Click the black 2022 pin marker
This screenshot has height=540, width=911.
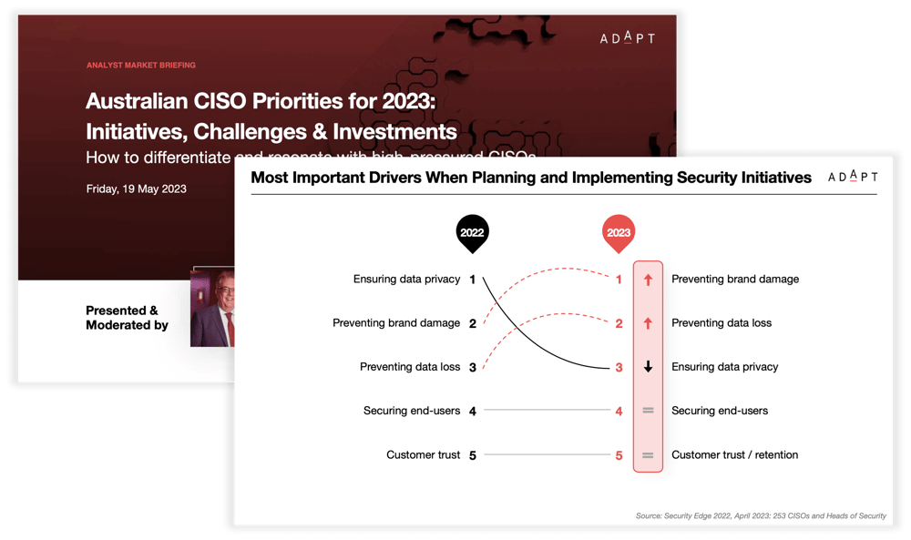tap(472, 233)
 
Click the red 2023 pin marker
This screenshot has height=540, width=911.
tap(619, 233)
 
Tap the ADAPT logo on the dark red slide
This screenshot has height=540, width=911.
tap(627, 38)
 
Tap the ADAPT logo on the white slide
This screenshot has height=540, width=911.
tap(853, 178)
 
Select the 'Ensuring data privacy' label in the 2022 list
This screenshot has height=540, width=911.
tap(406, 279)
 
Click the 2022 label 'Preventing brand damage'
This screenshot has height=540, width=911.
tap(396, 322)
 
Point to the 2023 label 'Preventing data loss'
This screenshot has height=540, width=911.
tap(722, 322)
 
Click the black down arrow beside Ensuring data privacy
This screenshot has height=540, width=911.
tap(648, 367)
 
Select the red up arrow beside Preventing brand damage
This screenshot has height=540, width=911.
tap(648, 280)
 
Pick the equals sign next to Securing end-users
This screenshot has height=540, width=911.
tap(648, 411)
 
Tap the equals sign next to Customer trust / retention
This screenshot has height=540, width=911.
tap(648, 454)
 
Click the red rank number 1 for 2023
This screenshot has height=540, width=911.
tap(619, 280)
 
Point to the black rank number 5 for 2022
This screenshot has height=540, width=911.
tap(472, 454)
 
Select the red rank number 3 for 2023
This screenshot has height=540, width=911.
tap(619, 367)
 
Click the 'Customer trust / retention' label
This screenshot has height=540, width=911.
tap(734, 454)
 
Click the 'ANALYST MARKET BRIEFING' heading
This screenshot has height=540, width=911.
tap(141, 66)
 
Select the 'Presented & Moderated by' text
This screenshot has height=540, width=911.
tap(127, 317)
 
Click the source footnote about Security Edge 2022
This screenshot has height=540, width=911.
tap(760, 516)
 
